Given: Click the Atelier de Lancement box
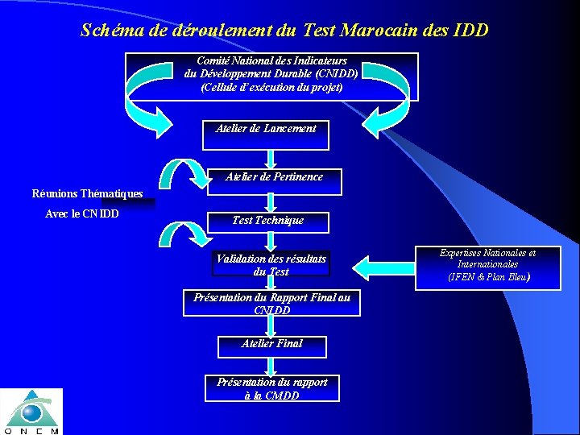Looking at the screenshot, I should [266, 135].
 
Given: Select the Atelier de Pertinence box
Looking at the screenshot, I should [274, 182].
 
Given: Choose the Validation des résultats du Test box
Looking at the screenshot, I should [271, 266].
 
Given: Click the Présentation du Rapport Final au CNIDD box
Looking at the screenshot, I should [272, 303].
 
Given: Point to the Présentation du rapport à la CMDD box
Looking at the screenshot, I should [272, 388].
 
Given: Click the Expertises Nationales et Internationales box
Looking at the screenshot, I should [487, 266].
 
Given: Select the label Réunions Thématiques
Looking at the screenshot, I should [87, 193].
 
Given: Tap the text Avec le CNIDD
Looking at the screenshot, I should [82, 214].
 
